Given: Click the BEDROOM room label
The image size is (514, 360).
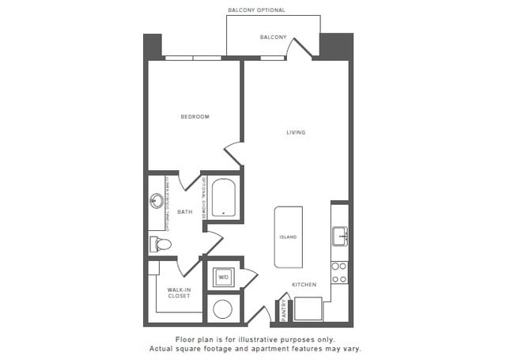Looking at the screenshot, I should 195,117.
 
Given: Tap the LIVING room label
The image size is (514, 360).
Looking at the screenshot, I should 296,132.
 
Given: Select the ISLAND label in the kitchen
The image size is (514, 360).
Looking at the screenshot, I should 288,237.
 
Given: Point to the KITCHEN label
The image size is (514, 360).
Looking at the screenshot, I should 304,285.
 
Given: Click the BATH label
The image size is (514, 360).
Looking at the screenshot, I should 184,212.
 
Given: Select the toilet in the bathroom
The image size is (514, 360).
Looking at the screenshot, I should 161,244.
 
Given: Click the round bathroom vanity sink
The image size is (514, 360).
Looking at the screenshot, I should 157,200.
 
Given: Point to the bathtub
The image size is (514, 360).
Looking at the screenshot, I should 224,199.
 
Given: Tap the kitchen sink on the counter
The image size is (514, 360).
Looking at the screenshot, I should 340,236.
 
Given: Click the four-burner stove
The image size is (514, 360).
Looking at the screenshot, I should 339,272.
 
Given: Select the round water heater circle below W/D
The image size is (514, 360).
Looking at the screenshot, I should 222,309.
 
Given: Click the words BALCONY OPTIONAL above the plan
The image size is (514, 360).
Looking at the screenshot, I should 256,10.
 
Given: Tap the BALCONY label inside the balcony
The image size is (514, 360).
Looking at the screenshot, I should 273,37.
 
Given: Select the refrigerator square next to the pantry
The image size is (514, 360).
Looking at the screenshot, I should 307,309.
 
